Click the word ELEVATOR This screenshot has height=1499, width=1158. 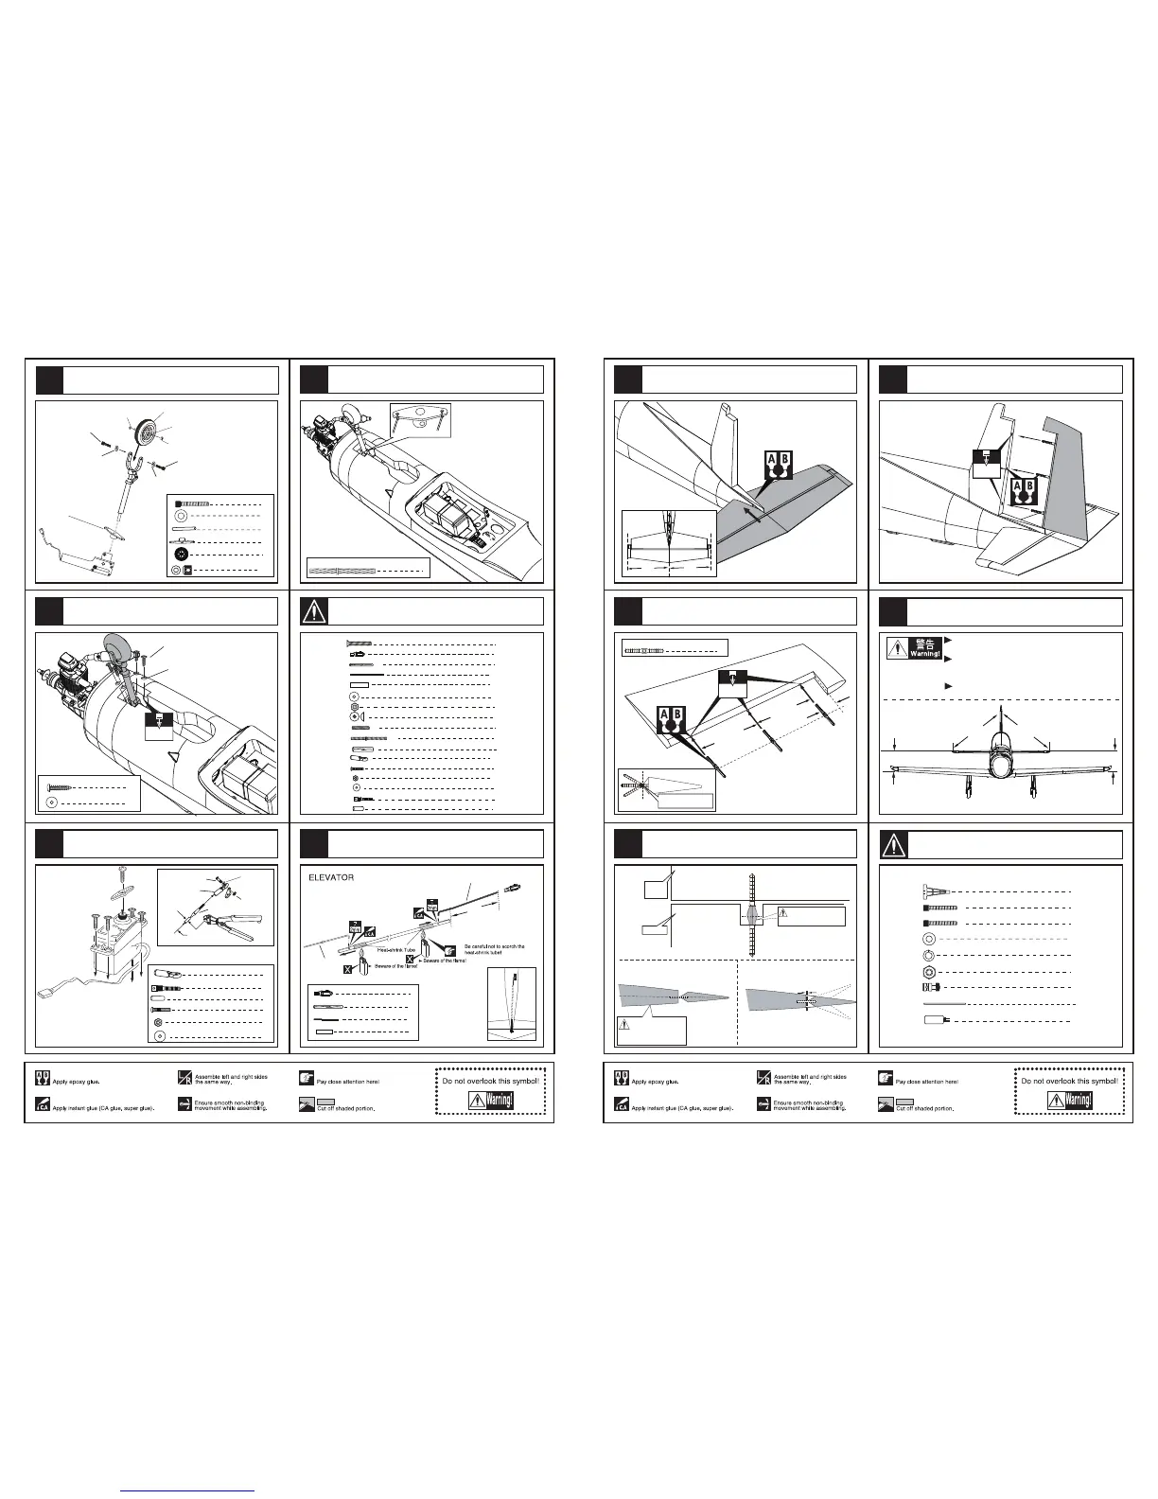330,877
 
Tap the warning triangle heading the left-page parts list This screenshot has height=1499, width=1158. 313,611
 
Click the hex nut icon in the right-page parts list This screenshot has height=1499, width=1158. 930,972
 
